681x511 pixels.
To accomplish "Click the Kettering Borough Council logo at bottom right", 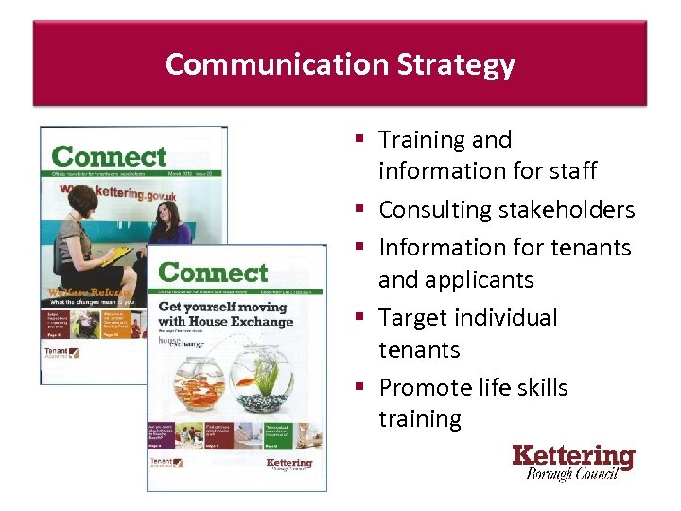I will [573, 462].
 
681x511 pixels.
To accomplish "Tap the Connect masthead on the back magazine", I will [109, 156].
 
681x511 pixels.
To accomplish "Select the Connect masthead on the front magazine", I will [214, 273].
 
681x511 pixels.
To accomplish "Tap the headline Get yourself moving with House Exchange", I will [223, 313].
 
